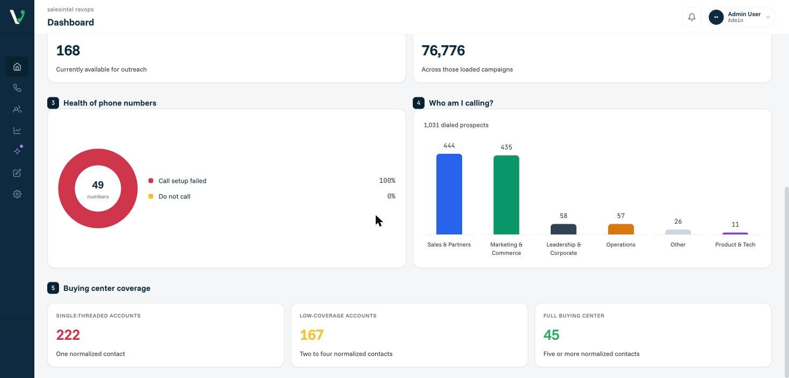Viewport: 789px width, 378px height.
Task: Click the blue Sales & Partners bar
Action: pyautogui.click(x=449, y=194)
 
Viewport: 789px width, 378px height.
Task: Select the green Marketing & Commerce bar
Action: pyautogui.click(x=506, y=195)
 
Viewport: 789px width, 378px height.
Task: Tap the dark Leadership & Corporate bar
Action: pyautogui.click(x=564, y=229)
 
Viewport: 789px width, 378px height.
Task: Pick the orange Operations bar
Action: pyautogui.click(x=620, y=229)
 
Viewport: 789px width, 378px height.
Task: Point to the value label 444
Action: pyautogui.click(x=449, y=146)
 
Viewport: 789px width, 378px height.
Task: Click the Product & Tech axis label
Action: pyautogui.click(x=735, y=245)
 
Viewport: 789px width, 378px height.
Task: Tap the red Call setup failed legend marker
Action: pyautogui.click(x=151, y=181)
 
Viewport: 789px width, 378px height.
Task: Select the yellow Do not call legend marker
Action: pyautogui.click(x=151, y=196)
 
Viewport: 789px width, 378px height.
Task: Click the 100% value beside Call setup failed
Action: pyautogui.click(x=387, y=181)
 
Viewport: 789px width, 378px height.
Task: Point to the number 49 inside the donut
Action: pyautogui.click(x=98, y=185)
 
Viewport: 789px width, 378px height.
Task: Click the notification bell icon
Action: pyautogui.click(x=692, y=17)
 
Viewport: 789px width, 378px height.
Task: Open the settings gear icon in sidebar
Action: pyautogui.click(x=17, y=194)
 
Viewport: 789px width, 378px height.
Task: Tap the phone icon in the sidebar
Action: pyautogui.click(x=17, y=88)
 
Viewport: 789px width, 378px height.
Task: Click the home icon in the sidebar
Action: pyautogui.click(x=17, y=67)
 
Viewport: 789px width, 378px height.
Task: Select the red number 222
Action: pyautogui.click(x=68, y=335)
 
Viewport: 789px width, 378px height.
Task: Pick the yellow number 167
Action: pyautogui.click(x=312, y=335)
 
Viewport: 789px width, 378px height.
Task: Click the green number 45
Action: pyautogui.click(x=551, y=335)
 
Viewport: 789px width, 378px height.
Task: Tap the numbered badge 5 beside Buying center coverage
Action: pyautogui.click(x=53, y=288)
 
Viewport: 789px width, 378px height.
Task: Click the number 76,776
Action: pyautogui.click(x=443, y=51)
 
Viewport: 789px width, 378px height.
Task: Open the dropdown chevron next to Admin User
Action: pyautogui.click(x=768, y=17)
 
